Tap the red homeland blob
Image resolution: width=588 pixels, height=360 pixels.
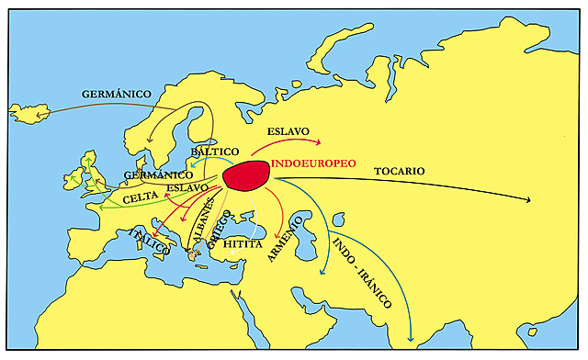[246, 175]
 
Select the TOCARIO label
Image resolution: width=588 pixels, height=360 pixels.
[400, 171]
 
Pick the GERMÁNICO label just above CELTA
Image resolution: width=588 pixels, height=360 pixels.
[157, 174]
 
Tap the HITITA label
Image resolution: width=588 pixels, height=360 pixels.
[243, 245]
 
